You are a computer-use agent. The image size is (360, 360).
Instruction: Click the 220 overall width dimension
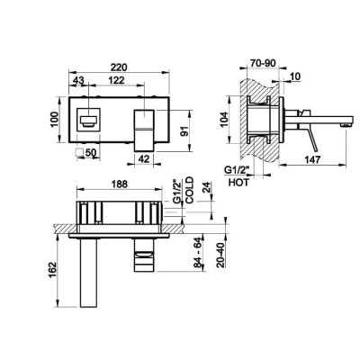[119, 67]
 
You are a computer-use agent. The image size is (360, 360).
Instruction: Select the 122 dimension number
[116, 80]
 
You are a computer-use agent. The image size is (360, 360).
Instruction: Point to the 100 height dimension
[53, 120]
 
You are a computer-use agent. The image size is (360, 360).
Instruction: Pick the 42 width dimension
[144, 159]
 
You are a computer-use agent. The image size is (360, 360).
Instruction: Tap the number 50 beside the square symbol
[91, 153]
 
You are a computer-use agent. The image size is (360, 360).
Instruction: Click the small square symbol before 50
[80, 153]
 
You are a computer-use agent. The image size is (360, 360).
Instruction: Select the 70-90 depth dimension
[263, 63]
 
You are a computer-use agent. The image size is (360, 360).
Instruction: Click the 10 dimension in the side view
[295, 76]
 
